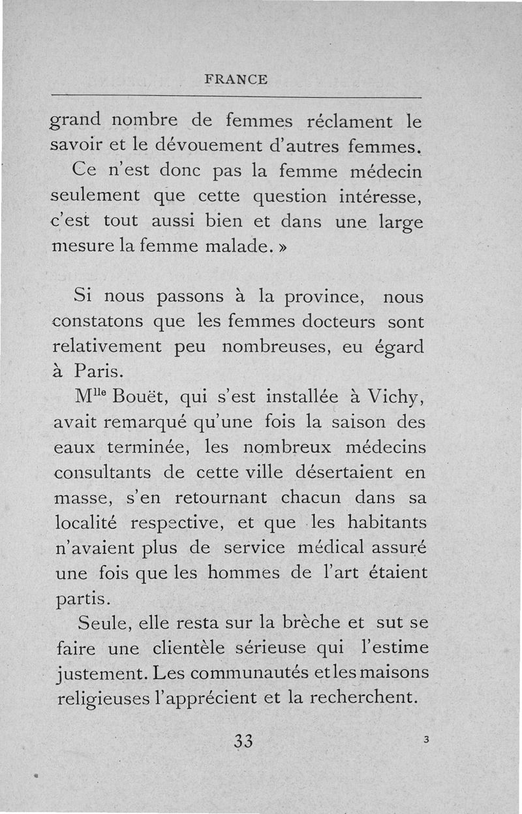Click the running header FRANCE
click(x=236, y=80)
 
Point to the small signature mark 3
click(x=425, y=740)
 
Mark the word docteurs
click(x=338, y=322)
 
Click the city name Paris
click(x=94, y=371)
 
